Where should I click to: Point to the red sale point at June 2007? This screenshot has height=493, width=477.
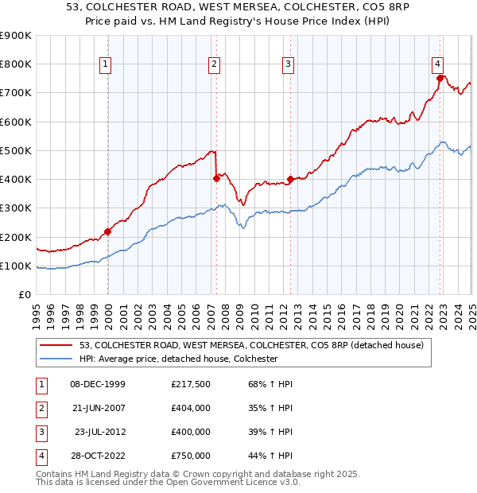pos(216,178)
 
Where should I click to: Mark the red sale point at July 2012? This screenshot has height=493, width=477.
pos(290,179)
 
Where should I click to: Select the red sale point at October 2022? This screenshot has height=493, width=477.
pos(440,78)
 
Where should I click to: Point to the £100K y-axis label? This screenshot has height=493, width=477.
pos(17,266)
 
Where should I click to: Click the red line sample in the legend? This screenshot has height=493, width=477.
pos(56,345)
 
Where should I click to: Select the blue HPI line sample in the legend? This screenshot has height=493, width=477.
pos(56,359)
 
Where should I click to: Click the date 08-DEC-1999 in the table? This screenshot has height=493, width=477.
pos(98,384)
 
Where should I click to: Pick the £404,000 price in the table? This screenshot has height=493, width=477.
pos(190,408)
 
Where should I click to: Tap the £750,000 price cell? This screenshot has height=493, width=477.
pos(190,456)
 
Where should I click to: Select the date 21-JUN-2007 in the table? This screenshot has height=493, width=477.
pos(98,408)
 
